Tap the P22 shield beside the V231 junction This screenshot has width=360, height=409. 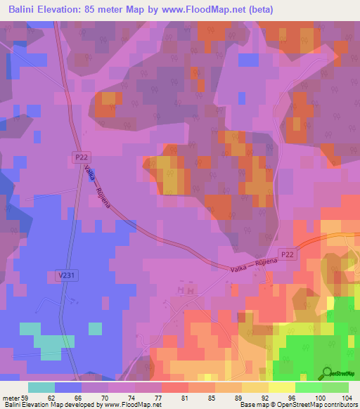pyautogui.click(x=82, y=160)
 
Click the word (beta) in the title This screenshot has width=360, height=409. pyautogui.click(x=259, y=10)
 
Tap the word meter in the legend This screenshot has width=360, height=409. pyautogui.click(x=10, y=398)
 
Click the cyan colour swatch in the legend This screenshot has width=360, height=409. pyautogui.click(x=41, y=387)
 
